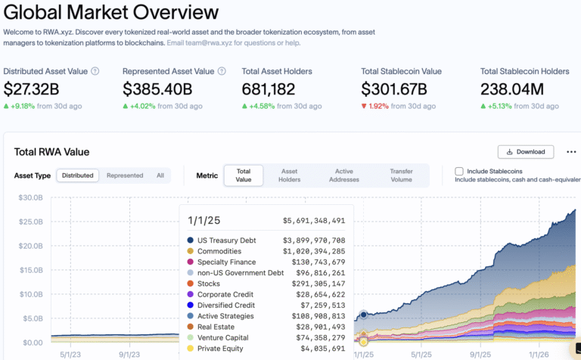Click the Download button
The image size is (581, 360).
coord(526,151)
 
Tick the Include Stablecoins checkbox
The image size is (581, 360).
coord(459,172)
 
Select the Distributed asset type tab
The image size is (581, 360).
coord(78,175)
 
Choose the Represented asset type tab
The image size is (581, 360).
coord(125,175)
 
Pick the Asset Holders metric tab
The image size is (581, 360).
coord(289,175)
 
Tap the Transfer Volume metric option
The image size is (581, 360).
coord(400,175)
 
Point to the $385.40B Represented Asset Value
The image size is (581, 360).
coord(157,89)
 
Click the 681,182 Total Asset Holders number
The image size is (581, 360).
coord(269,89)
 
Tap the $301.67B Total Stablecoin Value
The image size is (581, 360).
coord(395,89)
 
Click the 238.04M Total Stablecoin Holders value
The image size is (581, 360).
coord(511,89)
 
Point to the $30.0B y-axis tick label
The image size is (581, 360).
coord(30,197)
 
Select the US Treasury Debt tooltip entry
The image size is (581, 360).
coord(227,240)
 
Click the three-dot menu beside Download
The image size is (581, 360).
coord(571,151)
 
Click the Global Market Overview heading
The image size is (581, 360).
coord(111,13)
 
